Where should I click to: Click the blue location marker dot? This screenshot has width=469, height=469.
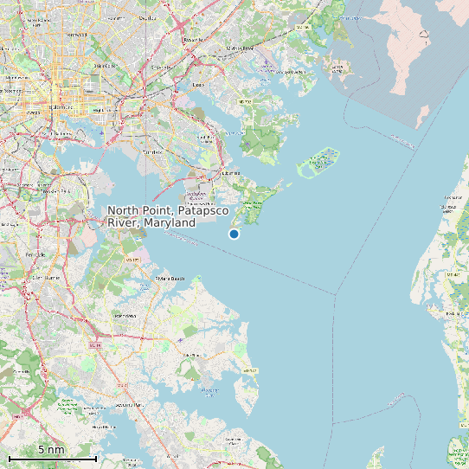234,234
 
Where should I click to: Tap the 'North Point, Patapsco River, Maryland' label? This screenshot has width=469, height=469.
151,216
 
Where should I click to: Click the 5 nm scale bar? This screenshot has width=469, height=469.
52,456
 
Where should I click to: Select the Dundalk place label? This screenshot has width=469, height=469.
151,151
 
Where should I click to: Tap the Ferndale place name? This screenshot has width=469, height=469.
35,254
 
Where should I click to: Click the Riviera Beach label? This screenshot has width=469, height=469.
169,279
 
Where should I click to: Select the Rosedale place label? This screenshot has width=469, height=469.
192,40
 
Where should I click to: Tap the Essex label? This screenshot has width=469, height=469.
198,85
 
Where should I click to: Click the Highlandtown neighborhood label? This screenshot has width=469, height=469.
98,110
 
